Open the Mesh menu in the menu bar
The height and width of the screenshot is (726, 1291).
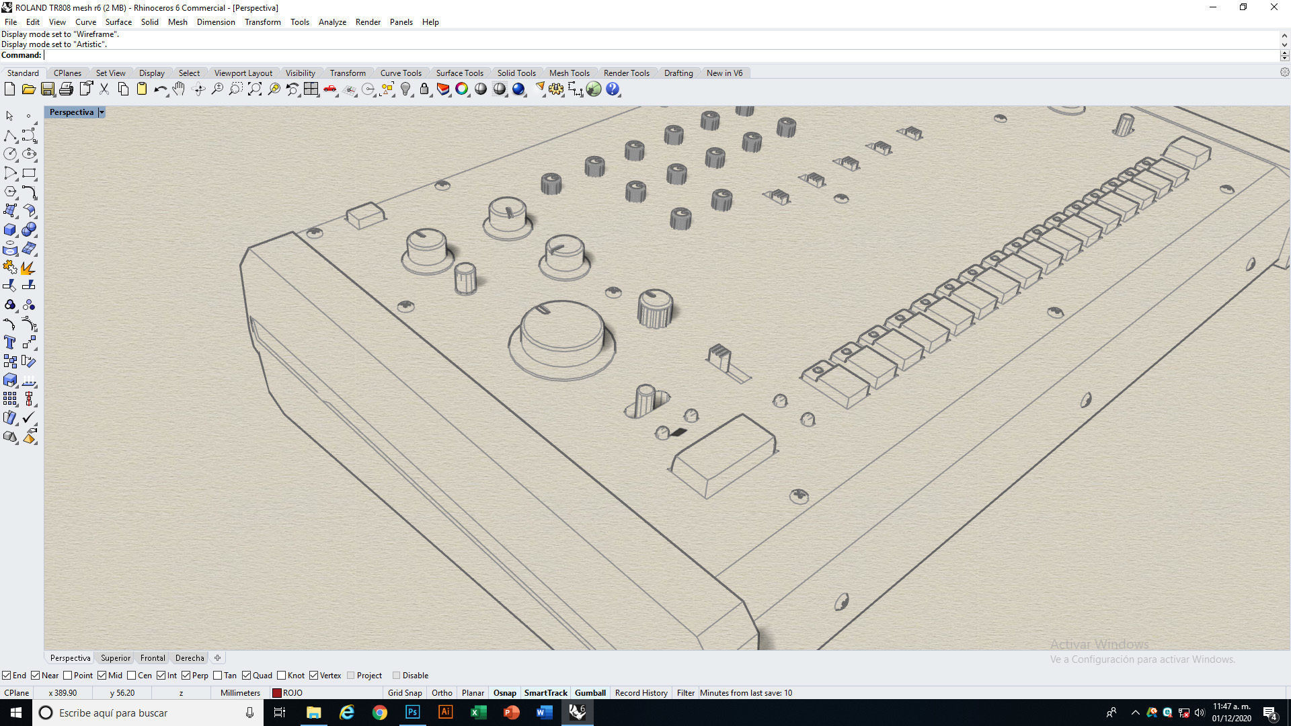click(178, 22)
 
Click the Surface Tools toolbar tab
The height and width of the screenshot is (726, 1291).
click(459, 73)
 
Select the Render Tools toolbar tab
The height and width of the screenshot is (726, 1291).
click(626, 73)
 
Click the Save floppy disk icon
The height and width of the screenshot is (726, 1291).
click(47, 89)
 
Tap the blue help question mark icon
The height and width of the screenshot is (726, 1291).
click(612, 89)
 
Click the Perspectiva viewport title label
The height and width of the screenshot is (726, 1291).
click(71, 112)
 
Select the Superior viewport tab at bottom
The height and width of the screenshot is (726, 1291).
click(116, 658)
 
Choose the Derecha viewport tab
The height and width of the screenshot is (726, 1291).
click(190, 658)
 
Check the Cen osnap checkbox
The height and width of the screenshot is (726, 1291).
click(132, 676)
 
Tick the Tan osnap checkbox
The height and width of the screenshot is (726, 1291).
click(217, 676)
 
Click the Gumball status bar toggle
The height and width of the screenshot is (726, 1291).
click(590, 693)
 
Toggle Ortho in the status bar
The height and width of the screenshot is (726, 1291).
click(442, 693)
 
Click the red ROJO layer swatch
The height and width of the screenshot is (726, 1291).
click(276, 693)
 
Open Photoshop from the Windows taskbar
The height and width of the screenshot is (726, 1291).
click(412, 713)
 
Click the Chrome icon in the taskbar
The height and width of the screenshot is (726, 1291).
click(380, 713)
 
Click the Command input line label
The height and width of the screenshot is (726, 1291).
click(22, 55)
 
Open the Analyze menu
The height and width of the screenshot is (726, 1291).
click(332, 22)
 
